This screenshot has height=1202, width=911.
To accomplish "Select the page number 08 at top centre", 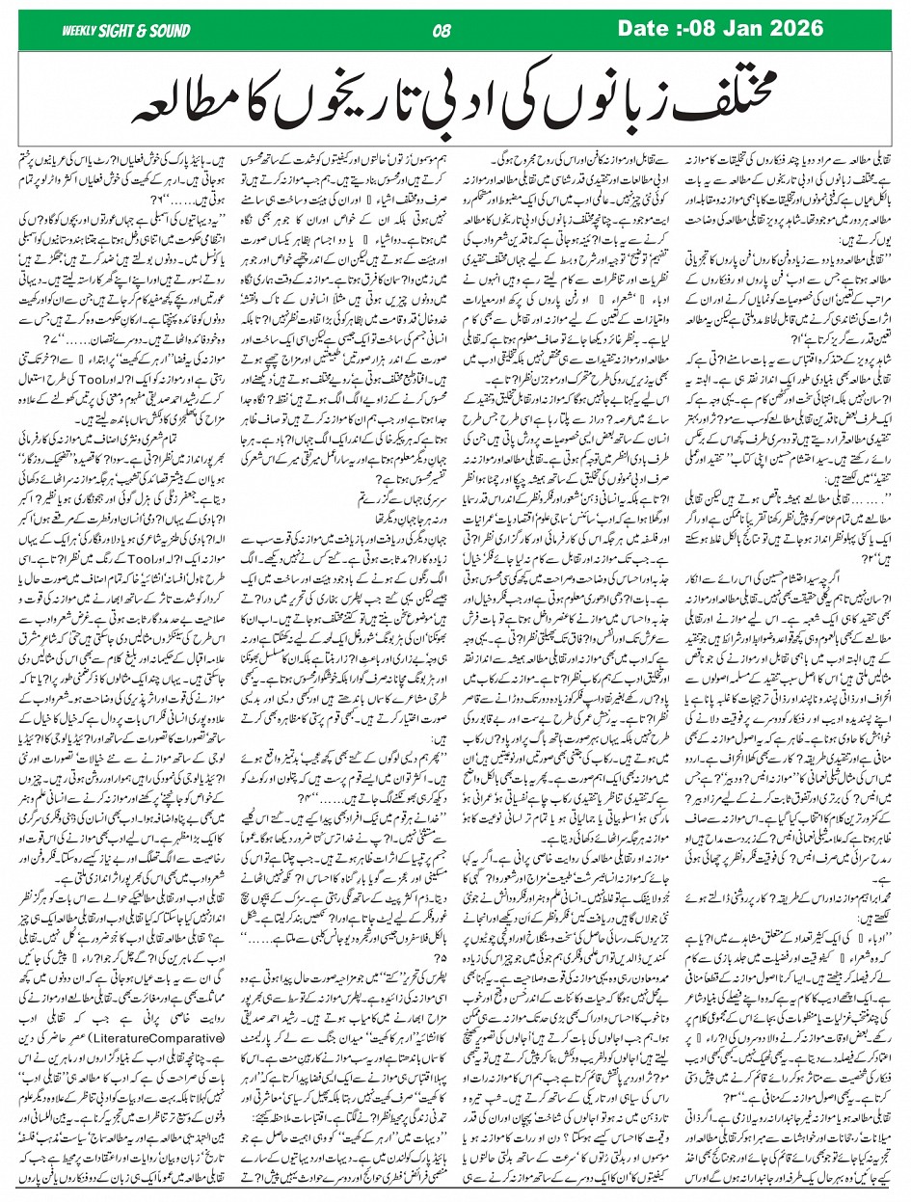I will tap(442, 32).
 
